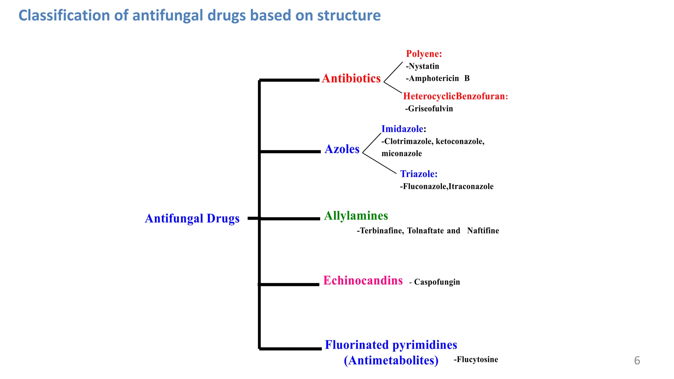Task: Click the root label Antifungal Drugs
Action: (x=192, y=218)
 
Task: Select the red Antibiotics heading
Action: (x=351, y=78)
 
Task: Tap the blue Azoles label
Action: (x=342, y=149)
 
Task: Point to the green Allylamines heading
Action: (x=356, y=216)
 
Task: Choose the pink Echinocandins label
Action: (x=363, y=281)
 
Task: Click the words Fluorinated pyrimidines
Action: (x=391, y=345)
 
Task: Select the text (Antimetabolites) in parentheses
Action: (x=391, y=360)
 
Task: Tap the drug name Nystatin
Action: (x=424, y=66)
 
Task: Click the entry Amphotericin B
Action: (x=438, y=78)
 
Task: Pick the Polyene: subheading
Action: (x=424, y=54)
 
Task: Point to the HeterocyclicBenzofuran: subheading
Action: (x=455, y=96)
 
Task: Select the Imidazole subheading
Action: (x=402, y=129)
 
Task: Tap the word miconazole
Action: (x=402, y=153)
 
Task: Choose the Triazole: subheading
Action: (x=419, y=174)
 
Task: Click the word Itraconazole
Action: (x=471, y=187)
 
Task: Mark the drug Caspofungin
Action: (x=437, y=282)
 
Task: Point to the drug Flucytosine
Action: (x=477, y=359)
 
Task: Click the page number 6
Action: (x=637, y=361)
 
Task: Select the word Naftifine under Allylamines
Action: (x=483, y=231)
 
